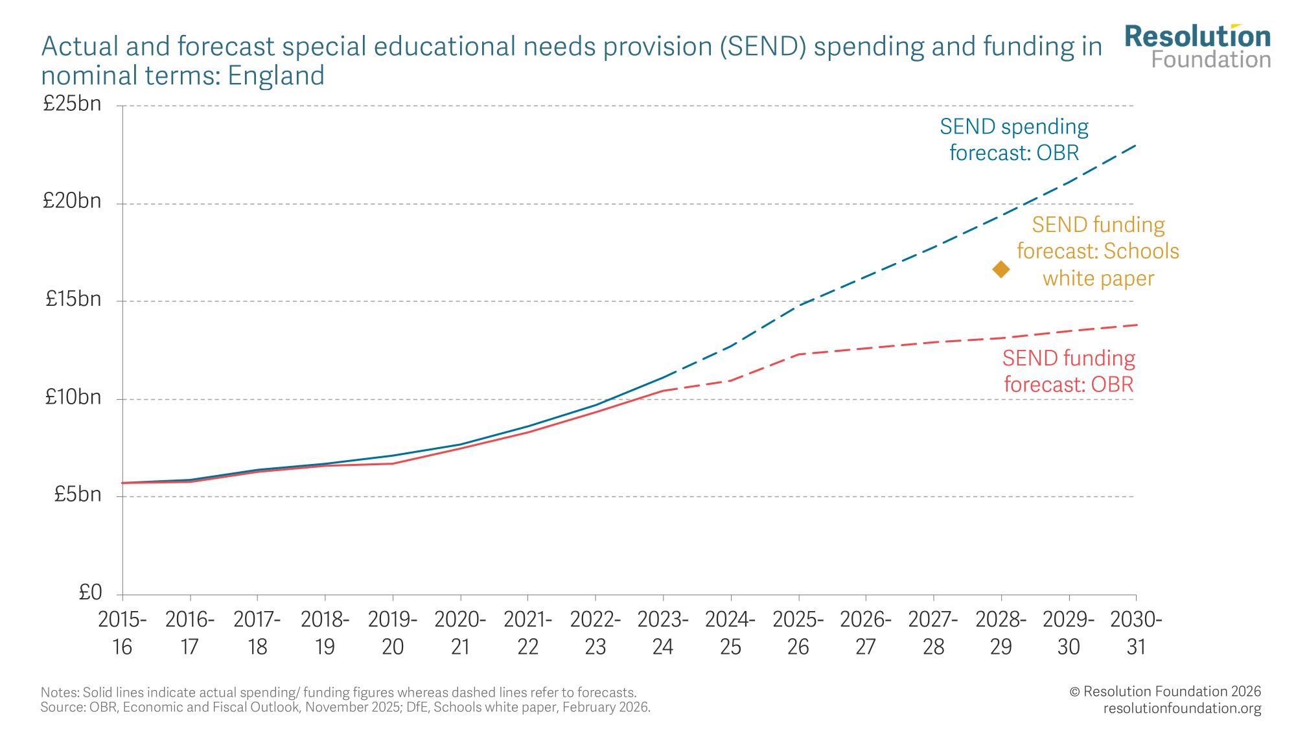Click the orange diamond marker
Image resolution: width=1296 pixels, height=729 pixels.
pyautogui.click(x=1001, y=269)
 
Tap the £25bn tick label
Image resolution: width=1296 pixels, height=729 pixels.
pyautogui.click(x=72, y=104)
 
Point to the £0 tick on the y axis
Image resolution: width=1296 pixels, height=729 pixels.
pyautogui.click(x=90, y=592)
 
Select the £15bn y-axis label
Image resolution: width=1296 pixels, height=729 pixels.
pyautogui.click(x=73, y=299)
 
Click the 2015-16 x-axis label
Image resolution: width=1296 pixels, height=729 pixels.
pyautogui.click(x=122, y=633)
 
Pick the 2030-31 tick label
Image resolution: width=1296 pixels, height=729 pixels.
pyautogui.click(x=1136, y=633)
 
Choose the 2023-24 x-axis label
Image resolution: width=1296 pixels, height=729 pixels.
pyautogui.click(x=663, y=633)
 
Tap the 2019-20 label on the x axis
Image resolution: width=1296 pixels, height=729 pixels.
pyautogui.click(x=393, y=633)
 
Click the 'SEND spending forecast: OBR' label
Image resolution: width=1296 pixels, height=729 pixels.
pyautogui.click(x=1014, y=139)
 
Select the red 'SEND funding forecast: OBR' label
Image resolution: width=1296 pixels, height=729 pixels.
pyautogui.click(x=1069, y=371)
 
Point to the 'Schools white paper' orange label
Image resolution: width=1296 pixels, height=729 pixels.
pyautogui.click(x=1098, y=251)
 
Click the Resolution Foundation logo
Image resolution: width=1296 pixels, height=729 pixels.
pyautogui.click(x=1198, y=47)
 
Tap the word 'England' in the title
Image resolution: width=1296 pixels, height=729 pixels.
pyautogui.click(x=276, y=76)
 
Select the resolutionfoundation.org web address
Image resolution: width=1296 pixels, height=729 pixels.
pyautogui.click(x=1182, y=708)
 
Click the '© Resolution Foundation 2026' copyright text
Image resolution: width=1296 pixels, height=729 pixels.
pyautogui.click(x=1165, y=691)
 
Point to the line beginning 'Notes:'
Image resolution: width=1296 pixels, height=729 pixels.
pyautogui.click(x=338, y=692)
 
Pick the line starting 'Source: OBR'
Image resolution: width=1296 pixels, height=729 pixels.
pyautogui.click(x=345, y=707)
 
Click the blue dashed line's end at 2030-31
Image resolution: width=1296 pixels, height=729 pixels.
pyautogui.click(x=1135, y=145)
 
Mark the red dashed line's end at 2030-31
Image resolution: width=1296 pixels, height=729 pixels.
pyautogui.click(x=1136, y=325)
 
